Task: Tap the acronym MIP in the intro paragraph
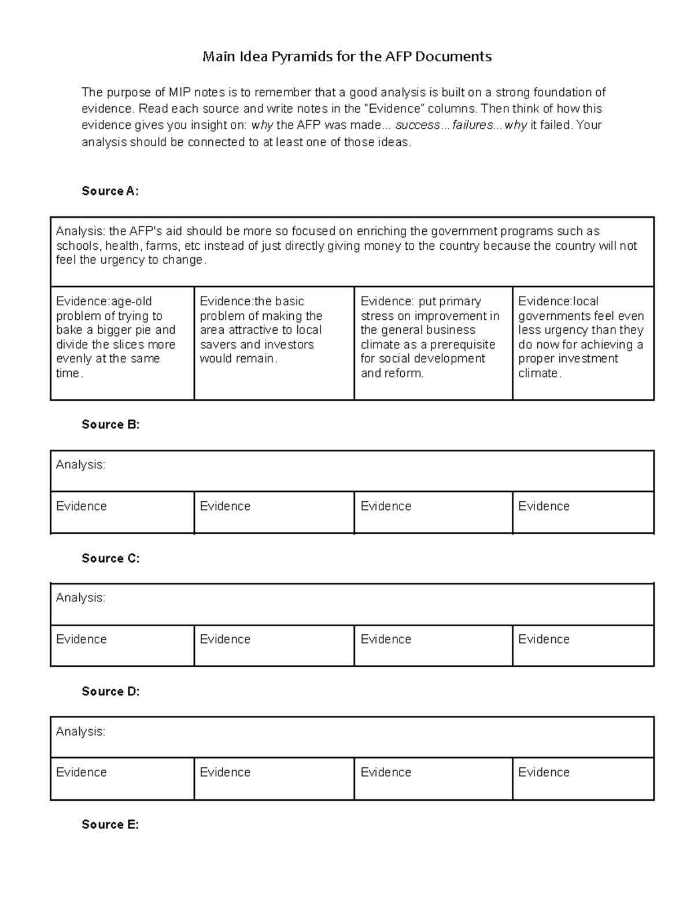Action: click(x=180, y=93)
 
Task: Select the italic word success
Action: click(x=417, y=125)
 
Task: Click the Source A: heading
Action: click(x=110, y=191)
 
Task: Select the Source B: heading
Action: click(x=110, y=425)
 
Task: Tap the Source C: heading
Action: click(x=110, y=559)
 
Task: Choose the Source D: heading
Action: click(x=110, y=692)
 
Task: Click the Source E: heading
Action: click(x=110, y=825)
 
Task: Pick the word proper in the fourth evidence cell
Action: click(x=536, y=359)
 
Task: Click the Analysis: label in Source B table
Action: click(x=80, y=465)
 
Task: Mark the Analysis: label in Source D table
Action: click(x=80, y=732)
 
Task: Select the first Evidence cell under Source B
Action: click(x=122, y=512)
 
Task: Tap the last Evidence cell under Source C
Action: click(x=583, y=645)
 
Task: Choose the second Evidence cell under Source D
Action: click(x=274, y=779)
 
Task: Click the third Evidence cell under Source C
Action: click(x=433, y=645)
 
